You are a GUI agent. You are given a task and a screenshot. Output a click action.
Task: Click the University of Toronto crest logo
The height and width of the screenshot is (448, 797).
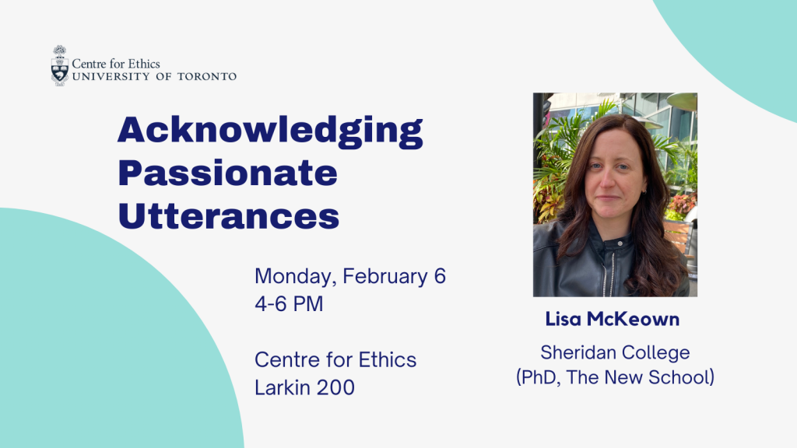(59, 65)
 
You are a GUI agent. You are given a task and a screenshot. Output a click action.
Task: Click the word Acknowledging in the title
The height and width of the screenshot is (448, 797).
(270, 131)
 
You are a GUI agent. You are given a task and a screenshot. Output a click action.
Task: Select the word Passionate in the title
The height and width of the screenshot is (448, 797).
(228, 173)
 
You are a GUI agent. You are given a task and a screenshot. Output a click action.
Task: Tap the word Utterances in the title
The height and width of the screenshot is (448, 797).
(229, 216)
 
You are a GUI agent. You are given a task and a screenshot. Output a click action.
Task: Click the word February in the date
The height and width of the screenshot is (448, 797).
(385, 277)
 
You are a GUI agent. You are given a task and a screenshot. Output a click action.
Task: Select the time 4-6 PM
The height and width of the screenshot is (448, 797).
(289, 304)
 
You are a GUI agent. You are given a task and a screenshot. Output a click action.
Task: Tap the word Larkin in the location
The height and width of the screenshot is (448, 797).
(282, 387)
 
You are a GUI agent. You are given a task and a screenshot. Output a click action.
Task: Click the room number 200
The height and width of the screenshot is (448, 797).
(335, 387)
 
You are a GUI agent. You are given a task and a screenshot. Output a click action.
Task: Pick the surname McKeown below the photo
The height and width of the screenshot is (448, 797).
(633, 319)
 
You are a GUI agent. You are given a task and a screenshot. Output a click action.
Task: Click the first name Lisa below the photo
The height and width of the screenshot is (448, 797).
(564, 319)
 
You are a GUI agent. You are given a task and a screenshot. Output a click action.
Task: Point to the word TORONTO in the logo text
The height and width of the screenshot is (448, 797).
(207, 77)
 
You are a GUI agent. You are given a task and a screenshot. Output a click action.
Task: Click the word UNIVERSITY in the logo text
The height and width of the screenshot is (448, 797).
(111, 77)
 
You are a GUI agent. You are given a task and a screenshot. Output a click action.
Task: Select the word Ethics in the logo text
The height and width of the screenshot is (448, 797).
(144, 64)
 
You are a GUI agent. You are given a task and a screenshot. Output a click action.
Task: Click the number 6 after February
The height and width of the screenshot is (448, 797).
(440, 276)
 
